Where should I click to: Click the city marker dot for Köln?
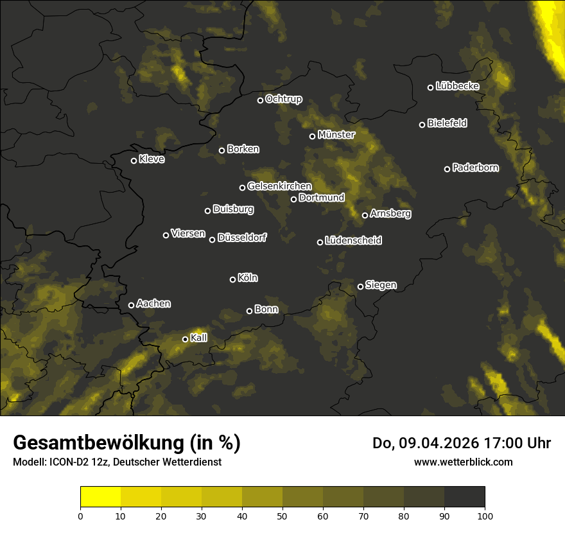[232, 279]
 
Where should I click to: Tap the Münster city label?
[336, 135]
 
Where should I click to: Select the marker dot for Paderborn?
[447, 169]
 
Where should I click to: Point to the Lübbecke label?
[457, 86]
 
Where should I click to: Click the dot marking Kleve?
[134, 161]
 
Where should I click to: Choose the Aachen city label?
[153, 304]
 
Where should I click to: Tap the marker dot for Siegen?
[360, 286]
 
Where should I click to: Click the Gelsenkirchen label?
[279, 186]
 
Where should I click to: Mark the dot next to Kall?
[185, 339]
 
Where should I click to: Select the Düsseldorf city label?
[242, 238]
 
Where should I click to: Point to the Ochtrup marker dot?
[260, 100]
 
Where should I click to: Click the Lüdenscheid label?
[353, 241]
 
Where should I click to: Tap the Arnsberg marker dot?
[365, 215]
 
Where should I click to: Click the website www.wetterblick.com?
[464, 462]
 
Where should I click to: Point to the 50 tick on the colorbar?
[282, 515]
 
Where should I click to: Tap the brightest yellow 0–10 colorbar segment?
[101, 496]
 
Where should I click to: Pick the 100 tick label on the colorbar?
[485, 515]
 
